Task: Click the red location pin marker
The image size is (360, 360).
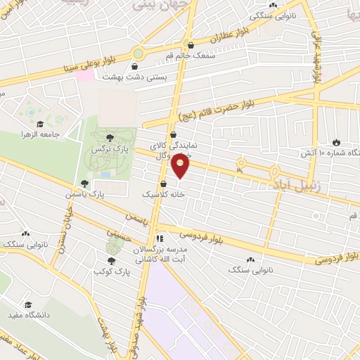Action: [x=181, y=165]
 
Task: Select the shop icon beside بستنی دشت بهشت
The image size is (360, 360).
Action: [x=105, y=77]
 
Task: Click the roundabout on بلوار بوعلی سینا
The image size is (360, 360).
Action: [x=139, y=53]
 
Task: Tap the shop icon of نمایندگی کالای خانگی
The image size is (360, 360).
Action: [x=173, y=136]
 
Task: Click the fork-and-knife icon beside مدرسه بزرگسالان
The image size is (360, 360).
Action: [x=160, y=238]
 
